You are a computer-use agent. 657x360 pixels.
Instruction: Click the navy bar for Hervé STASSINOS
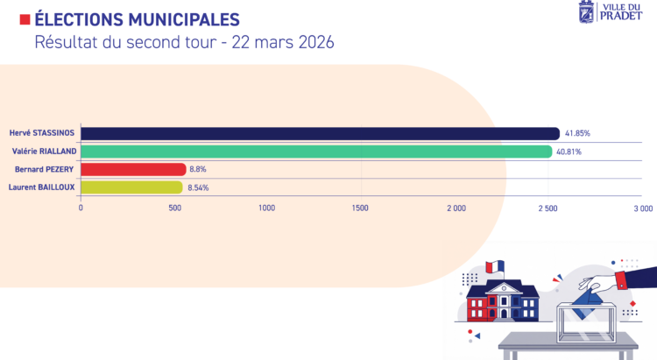pos(320,133)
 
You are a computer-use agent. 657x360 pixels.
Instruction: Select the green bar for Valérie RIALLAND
pos(316,152)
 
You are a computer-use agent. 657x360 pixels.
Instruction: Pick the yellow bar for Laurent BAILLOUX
pos(131,187)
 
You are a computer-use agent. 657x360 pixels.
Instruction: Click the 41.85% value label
pos(577,134)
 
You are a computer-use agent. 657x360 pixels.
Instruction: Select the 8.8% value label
pos(199,169)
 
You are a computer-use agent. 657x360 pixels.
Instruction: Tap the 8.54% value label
pos(198,187)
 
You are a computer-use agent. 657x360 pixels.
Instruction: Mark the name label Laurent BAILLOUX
pos(42,187)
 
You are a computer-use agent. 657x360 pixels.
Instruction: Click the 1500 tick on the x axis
pos(359,208)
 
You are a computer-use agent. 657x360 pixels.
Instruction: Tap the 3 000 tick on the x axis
pos(642,208)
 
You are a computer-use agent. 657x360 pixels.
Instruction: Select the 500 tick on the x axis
pos(174,208)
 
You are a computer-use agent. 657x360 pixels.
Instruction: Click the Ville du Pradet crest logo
pos(586,12)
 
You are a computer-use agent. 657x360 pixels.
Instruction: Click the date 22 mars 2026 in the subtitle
pos(283,42)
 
